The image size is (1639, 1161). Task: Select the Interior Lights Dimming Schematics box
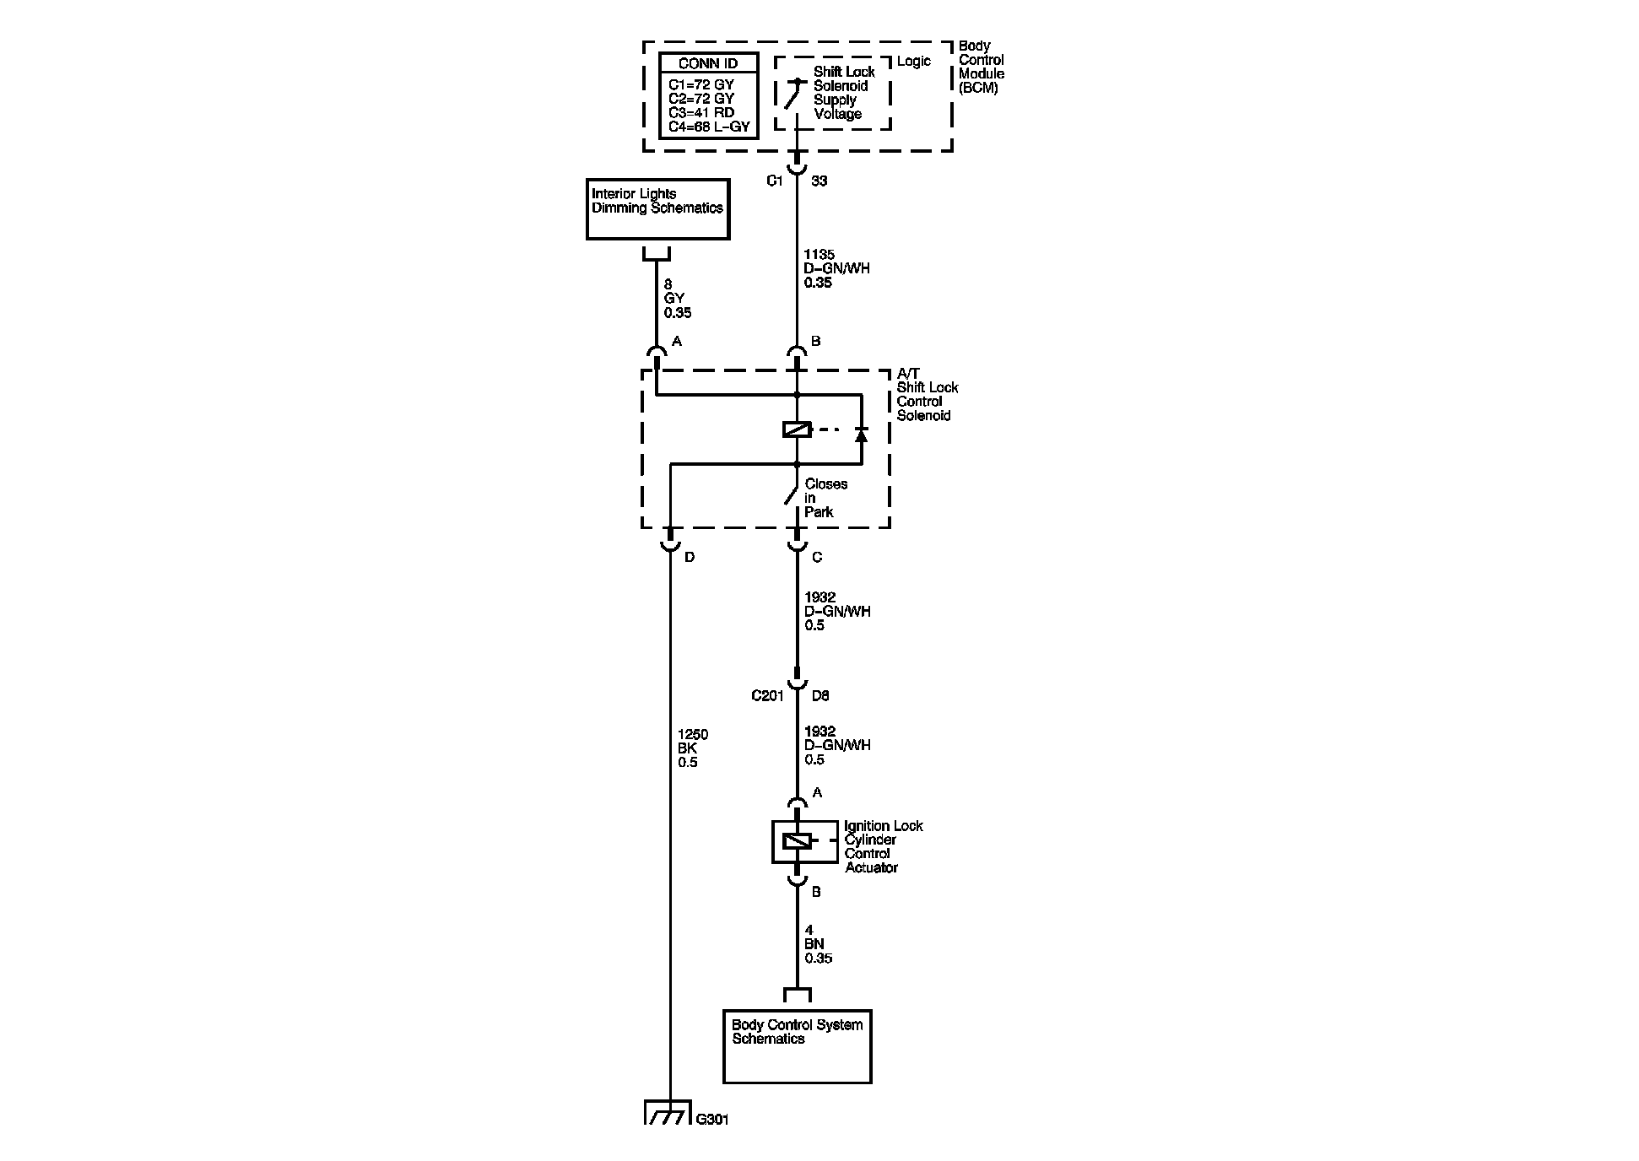coord(658,209)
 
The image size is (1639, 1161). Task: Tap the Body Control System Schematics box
coord(798,1046)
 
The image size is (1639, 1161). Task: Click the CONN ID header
coord(708,63)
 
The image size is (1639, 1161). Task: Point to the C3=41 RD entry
coord(701,113)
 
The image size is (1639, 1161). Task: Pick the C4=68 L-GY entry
coord(708,127)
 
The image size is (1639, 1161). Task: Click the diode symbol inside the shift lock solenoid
coord(861,434)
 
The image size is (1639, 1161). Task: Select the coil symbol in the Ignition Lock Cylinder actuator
coord(797,841)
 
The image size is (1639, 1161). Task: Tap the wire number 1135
coord(819,254)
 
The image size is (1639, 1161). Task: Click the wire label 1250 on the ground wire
coord(693,735)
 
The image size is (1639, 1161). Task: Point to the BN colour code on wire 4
coord(814,944)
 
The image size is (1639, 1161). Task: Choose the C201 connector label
coord(768,696)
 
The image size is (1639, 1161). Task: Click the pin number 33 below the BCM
coord(819,181)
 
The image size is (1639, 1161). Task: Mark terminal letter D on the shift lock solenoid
coord(690,558)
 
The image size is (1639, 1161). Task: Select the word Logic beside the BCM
coord(914,62)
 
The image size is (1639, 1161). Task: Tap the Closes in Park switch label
coord(825,498)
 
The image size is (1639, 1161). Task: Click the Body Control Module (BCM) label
coord(982,67)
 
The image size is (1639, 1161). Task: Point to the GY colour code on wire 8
coord(674,299)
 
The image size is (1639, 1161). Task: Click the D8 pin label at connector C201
coord(820,696)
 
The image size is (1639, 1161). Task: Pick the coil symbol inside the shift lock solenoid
coord(797,430)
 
